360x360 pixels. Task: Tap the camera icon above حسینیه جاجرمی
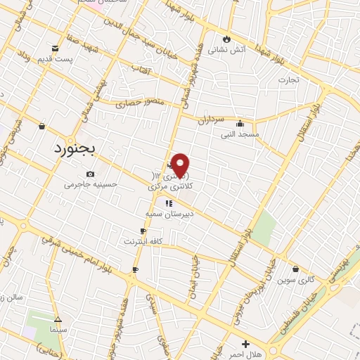(90, 174)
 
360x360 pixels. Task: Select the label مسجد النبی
(240, 133)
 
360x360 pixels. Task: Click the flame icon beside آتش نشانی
(226, 39)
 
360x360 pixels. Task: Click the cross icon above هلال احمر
(245, 345)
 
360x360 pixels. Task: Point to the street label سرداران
(210, 120)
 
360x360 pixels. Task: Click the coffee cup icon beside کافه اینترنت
(143, 231)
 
